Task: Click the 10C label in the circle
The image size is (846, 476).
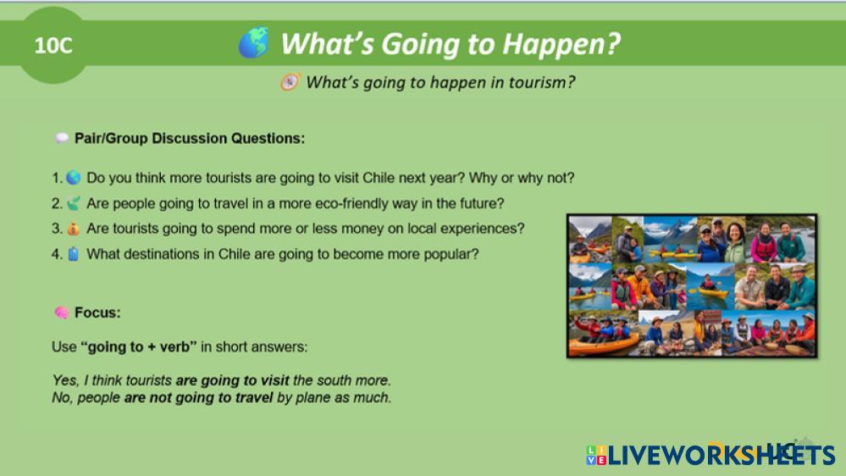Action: (x=53, y=46)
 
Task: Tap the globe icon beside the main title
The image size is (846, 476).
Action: (x=253, y=42)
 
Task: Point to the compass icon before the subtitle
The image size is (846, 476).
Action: (x=290, y=82)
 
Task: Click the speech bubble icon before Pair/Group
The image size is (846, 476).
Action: (x=62, y=138)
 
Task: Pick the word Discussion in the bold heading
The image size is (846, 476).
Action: (x=190, y=138)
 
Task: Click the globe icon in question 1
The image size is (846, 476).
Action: (x=74, y=178)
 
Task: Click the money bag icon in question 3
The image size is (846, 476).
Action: (x=74, y=229)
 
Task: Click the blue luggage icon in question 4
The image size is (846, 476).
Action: (x=74, y=253)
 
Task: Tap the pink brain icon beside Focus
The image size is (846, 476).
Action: (x=62, y=313)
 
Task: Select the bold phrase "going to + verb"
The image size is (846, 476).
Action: (x=139, y=346)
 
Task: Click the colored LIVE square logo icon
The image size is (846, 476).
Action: (x=596, y=455)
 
